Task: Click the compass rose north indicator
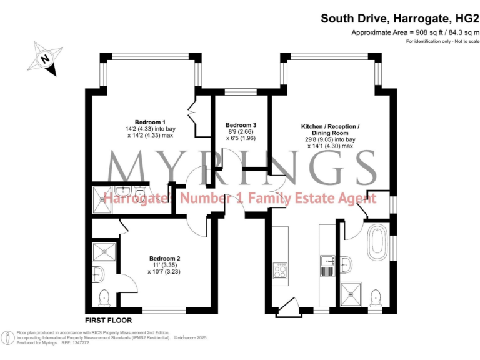coord(45,59)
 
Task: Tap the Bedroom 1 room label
coord(150,122)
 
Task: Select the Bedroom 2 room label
coord(164,258)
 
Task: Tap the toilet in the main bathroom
coord(376,294)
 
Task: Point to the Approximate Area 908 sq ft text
coord(415,32)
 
